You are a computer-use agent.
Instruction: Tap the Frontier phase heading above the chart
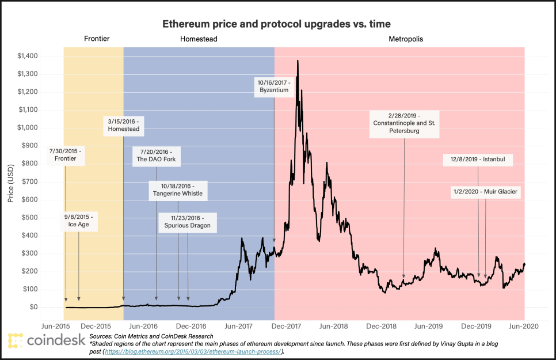tap(96, 39)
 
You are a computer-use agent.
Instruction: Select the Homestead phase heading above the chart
tap(199, 39)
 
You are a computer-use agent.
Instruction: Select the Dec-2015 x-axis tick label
tap(96, 326)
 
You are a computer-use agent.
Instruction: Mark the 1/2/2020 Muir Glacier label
tap(486, 192)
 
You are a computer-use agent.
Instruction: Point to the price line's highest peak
tap(297, 60)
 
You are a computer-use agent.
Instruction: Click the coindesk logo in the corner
tap(46, 340)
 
